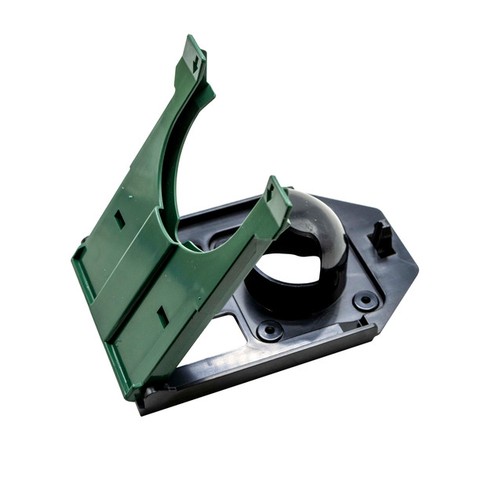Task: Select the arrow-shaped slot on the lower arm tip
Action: point(271,191)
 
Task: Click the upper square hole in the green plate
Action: point(119,219)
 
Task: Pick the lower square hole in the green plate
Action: point(162,316)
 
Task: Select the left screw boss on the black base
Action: point(270,330)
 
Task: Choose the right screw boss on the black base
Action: point(365,300)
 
